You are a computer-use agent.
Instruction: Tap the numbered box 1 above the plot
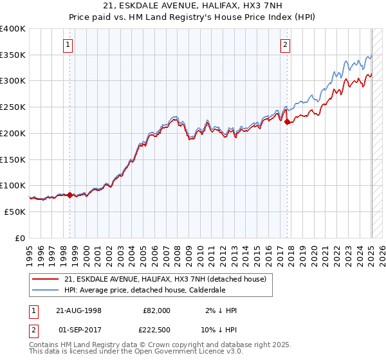tap(68, 44)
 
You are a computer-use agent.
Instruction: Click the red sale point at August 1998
tap(70, 195)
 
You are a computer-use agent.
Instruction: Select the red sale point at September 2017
tap(288, 121)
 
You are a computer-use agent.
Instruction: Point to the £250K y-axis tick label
tap(13, 107)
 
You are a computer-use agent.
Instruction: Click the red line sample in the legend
tap(46, 278)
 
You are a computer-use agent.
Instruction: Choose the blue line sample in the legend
tap(46, 290)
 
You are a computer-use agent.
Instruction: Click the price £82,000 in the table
tap(156, 310)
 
